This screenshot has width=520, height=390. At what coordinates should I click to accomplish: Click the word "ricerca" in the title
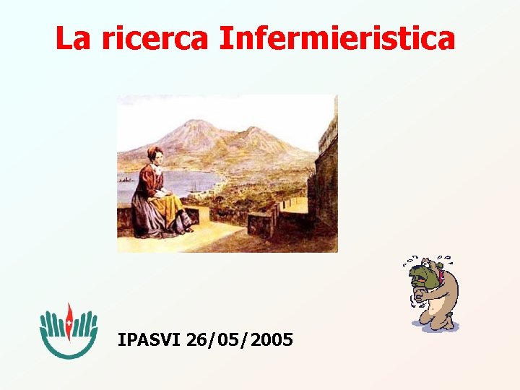pos(154,39)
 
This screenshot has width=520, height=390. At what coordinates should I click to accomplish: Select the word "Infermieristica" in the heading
pos(337,39)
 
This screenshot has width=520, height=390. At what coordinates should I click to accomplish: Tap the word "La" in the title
pos(73,39)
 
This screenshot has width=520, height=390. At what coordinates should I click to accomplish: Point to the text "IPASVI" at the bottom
pos(149,339)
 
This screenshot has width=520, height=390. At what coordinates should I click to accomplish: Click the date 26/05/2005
pos(239,339)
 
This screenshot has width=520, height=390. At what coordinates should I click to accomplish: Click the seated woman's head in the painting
pos(155,154)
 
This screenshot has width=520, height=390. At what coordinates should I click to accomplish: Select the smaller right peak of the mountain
pos(253,131)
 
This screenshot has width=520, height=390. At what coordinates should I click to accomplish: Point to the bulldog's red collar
pos(440,278)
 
